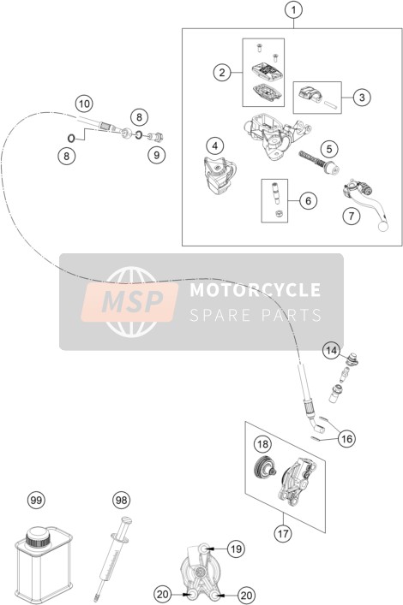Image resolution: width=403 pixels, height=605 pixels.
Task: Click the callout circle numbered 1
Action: pos(293,10)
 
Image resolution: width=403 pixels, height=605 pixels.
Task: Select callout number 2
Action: pos(222,72)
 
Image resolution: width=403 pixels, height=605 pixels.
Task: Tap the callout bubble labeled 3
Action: pos(362,97)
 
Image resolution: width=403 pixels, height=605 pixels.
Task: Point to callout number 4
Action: pos(215,145)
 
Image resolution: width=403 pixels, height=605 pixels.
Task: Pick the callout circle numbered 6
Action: pos(308,200)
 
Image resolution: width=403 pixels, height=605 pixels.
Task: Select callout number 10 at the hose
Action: pos(84,104)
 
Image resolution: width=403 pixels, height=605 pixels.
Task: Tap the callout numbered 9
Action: pos(157,155)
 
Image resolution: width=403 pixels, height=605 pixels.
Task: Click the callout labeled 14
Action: pos(332,351)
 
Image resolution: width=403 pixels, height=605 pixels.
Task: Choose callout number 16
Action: pos(347,438)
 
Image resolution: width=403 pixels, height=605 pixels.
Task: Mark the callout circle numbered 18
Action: pos(262,444)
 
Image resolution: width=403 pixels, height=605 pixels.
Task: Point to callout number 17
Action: pos(283,534)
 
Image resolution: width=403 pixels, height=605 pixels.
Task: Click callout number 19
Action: pos(236,549)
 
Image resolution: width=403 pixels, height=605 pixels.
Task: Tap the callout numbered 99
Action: pos(36,501)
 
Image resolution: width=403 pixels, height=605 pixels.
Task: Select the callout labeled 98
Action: pos(121,501)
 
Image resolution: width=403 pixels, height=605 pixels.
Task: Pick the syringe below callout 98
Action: pos(112,558)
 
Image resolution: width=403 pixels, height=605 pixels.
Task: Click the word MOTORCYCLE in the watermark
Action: pos(255,290)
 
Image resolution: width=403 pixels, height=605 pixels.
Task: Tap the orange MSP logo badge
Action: pos(129,302)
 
